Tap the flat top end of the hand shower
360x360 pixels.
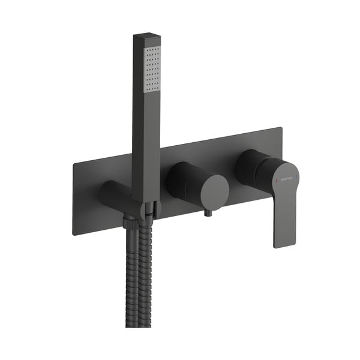tap(146, 38)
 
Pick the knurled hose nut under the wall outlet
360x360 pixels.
tap(130, 223)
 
